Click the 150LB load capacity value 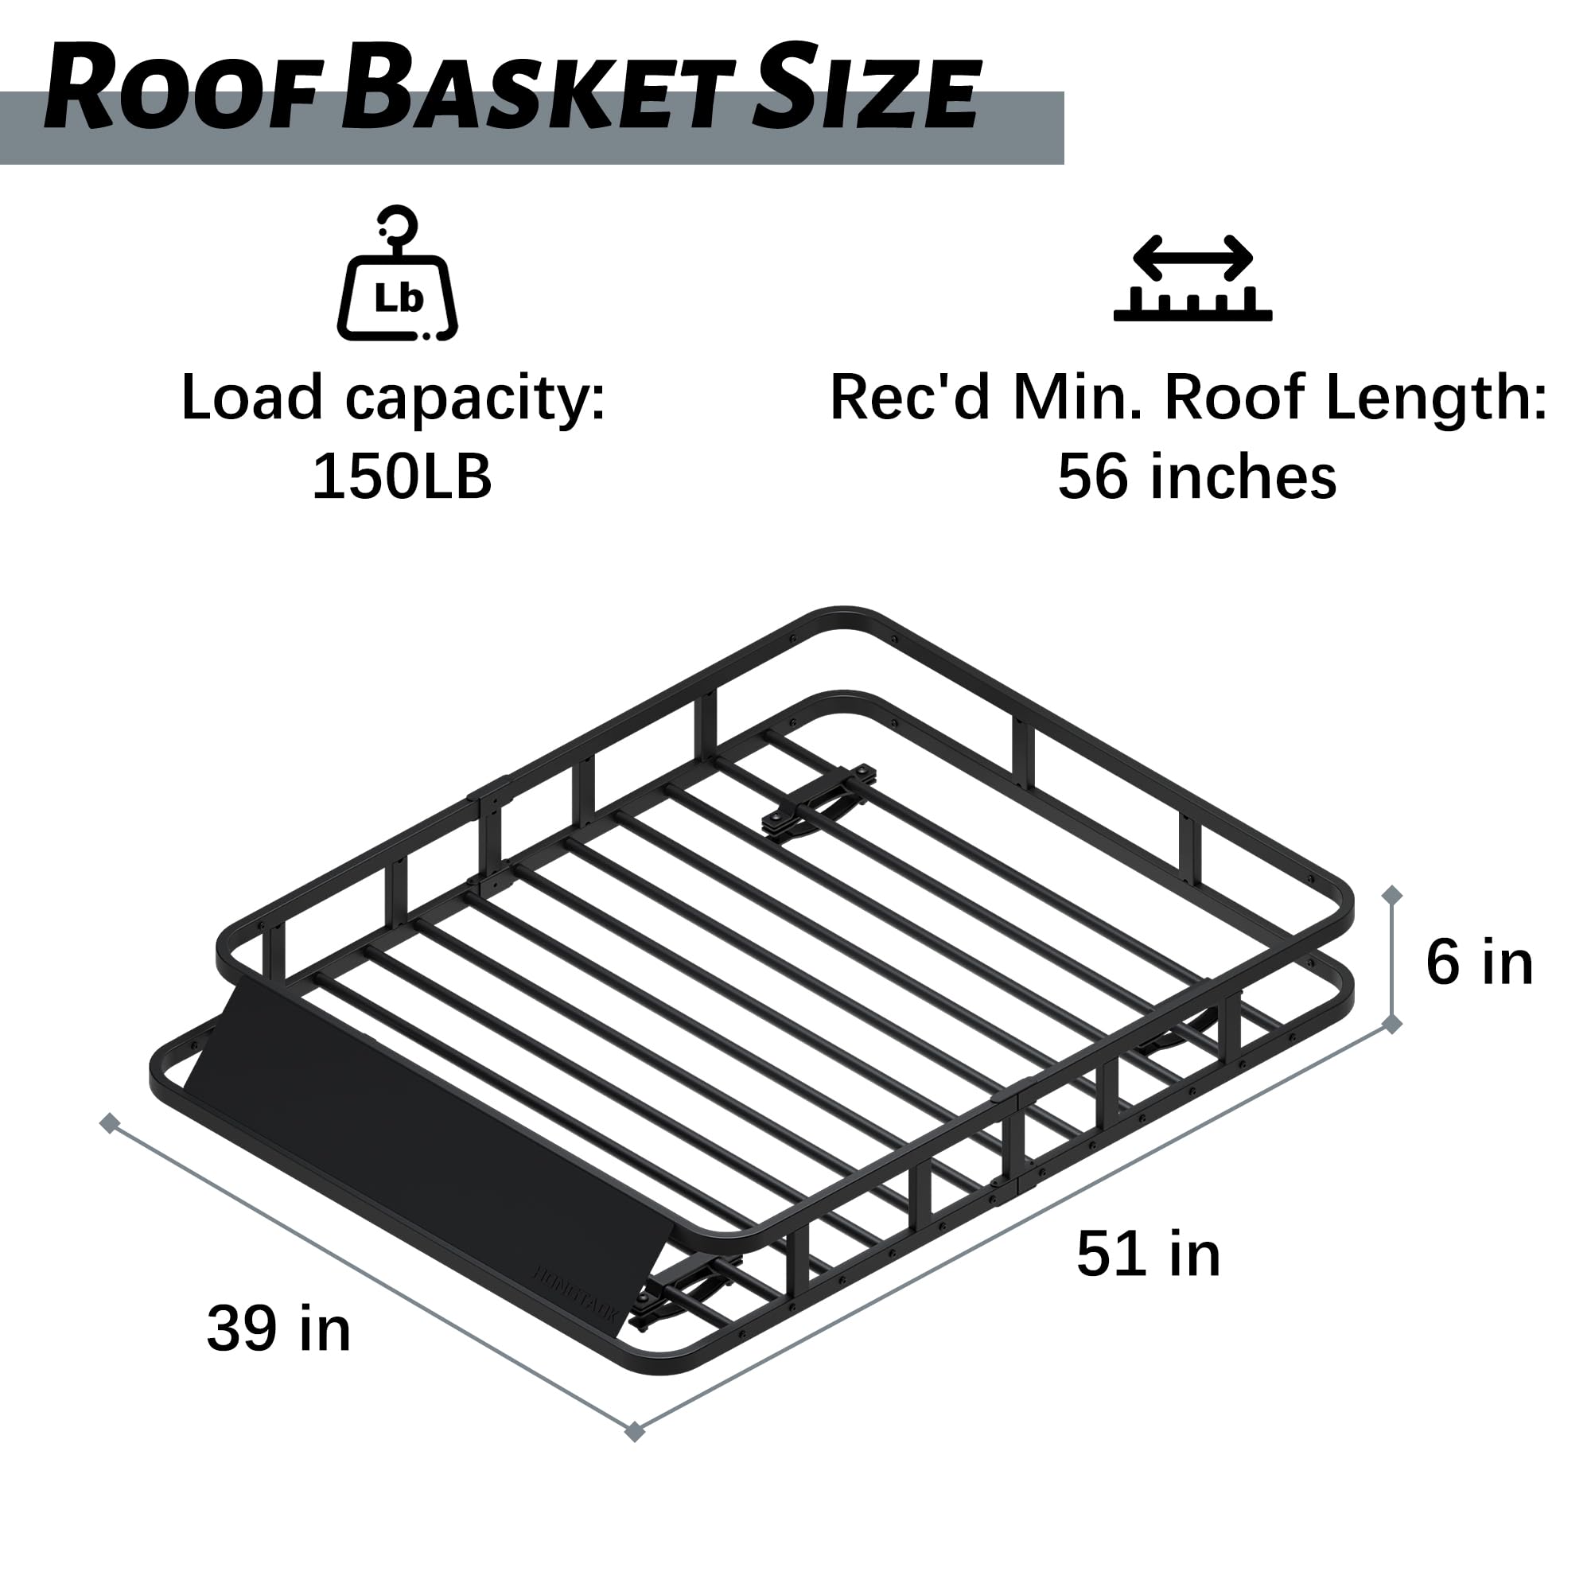point(402,477)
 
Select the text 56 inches point(1196,477)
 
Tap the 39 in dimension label point(278,1328)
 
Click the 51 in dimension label point(1148,1254)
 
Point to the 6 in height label point(1480,963)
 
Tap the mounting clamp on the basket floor point(819,799)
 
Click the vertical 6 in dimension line point(1391,959)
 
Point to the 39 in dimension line point(371,1278)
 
